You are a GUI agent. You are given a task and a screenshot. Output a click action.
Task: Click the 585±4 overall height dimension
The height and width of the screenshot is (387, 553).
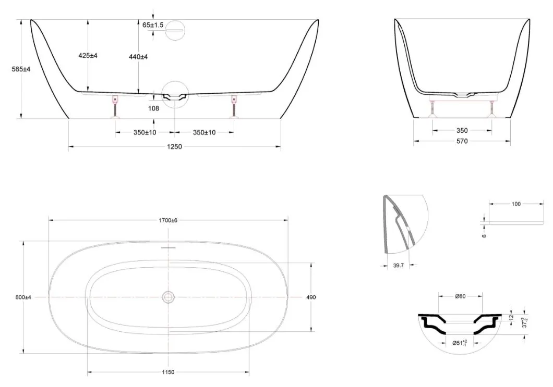pos(21,69)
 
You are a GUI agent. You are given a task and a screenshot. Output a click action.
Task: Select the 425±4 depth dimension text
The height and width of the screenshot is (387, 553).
pos(88,55)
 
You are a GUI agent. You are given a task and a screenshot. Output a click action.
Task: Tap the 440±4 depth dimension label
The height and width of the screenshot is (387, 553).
pos(138,57)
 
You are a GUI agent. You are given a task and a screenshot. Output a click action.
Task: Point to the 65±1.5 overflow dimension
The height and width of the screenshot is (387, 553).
pos(153,25)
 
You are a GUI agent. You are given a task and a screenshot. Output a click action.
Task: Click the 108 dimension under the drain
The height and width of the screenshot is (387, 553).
pos(153,108)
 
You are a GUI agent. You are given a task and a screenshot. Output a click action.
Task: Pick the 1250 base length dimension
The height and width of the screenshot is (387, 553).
pos(175,146)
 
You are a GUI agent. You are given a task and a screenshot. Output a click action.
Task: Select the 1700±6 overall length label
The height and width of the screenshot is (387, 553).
pos(168,220)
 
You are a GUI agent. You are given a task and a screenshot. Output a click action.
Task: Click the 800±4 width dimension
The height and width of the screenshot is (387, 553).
pos(23,297)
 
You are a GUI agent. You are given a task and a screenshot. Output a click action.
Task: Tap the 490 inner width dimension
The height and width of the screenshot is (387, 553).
pos(311,297)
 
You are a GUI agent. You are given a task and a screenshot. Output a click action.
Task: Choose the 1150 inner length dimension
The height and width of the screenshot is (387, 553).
pos(168,372)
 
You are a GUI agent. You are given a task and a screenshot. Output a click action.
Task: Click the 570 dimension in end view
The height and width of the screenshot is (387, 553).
pos(462,141)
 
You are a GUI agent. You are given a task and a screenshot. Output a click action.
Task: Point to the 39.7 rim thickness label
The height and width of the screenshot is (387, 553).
pos(398,266)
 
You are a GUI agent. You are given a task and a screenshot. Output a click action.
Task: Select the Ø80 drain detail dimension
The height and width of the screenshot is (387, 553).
pos(460,296)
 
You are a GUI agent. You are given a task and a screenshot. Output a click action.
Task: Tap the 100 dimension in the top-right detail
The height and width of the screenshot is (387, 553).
pos(516,204)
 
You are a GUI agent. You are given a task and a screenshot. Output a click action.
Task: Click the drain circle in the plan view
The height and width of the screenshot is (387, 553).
pos(168,297)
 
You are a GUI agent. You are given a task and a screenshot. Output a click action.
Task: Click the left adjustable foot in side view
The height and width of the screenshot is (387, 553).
pos(115,107)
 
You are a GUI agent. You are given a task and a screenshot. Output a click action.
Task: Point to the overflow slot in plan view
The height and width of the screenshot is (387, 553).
pos(168,248)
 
